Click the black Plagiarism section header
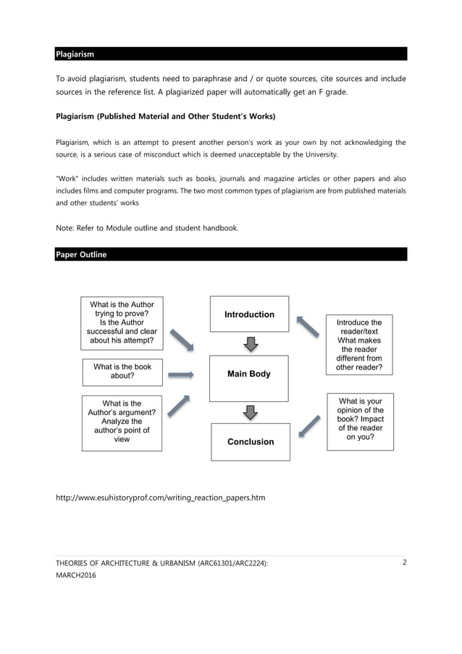click(231, 54)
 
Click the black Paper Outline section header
click(231, 254)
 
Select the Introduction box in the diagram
click(249, 314)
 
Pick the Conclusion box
click(249, 442)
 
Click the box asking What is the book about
click(122, 372)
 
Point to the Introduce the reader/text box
click(359, 345)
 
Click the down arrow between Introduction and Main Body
click(251, 343)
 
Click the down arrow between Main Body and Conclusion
click(251, 412)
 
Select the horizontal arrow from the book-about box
click(181, 375)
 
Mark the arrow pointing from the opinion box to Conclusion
click(310, 425)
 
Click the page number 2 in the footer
click(404, 562)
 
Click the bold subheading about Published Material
click(165, 116)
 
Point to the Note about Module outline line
click(146, 228)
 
